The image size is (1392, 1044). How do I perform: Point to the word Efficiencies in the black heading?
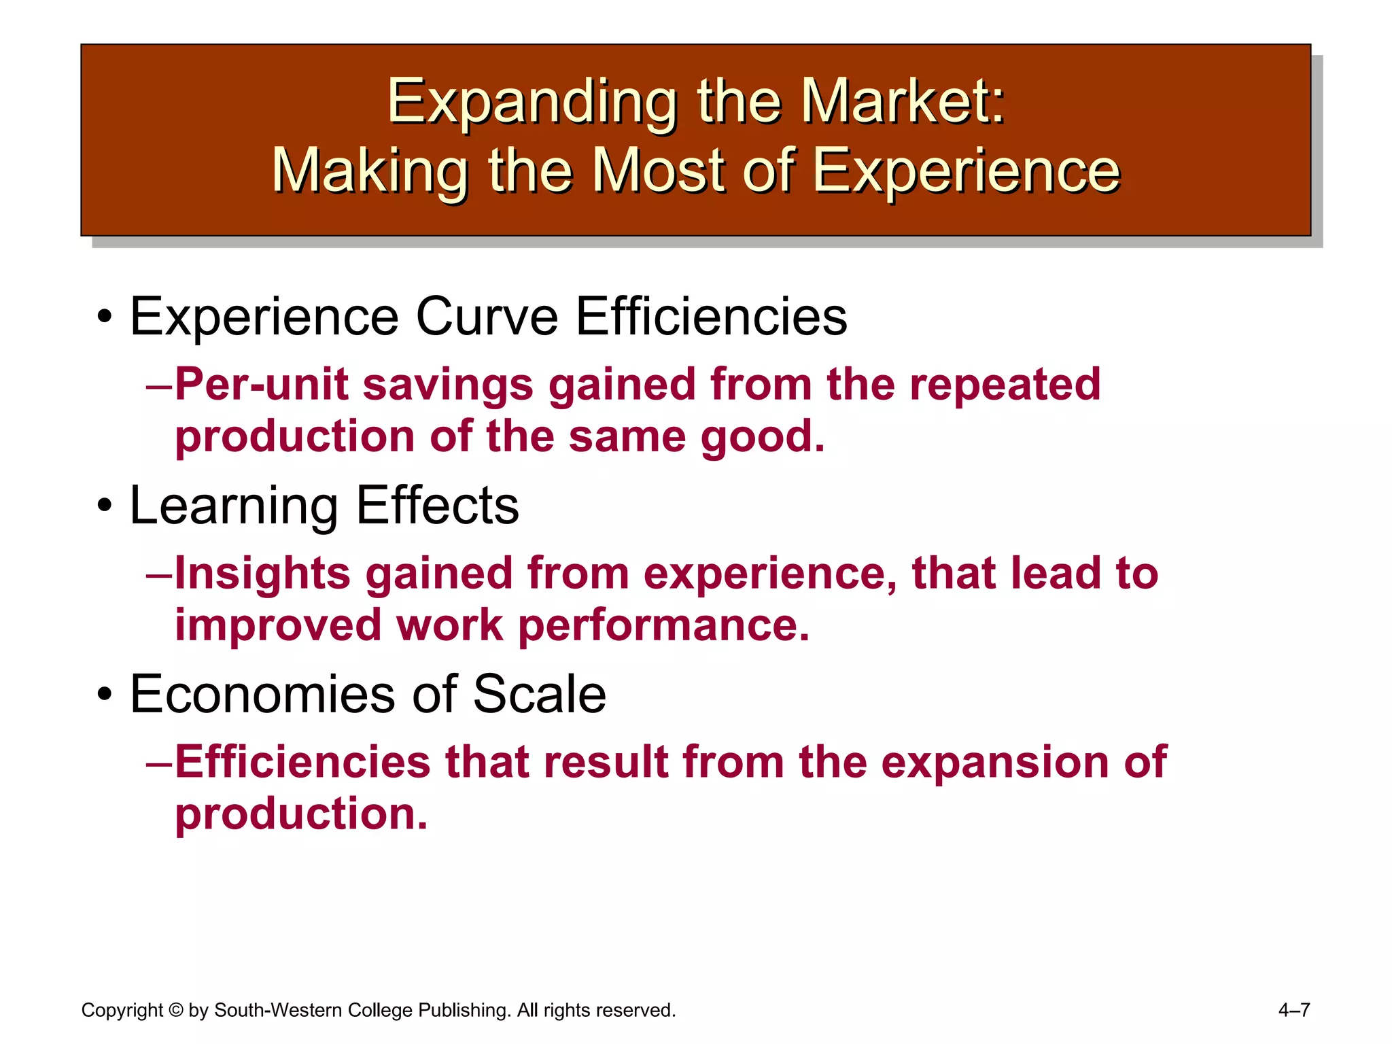pos(712,317)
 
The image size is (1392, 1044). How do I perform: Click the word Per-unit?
pos(262,385)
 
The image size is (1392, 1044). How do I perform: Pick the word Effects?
pos(437,506)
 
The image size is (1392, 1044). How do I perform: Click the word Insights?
pos(262,573)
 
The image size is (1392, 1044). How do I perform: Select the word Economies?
pos(262,694)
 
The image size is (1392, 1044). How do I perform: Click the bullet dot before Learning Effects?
pos(104,506)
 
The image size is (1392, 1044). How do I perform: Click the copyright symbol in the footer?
pos(176,1011)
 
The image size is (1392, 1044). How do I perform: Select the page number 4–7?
pos(1293,1011)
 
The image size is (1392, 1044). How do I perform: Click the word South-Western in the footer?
pos(278,1011)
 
